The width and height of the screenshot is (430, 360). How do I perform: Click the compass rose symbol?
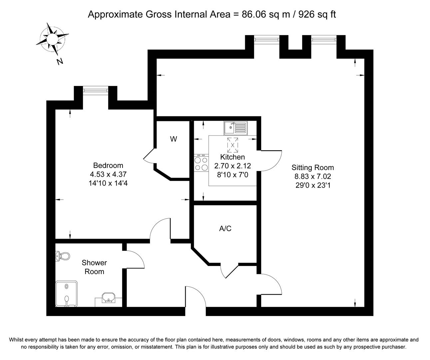pyautogui.click(x=52, y=39)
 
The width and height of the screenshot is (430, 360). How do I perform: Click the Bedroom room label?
pyautogui.click(x=108, y=165)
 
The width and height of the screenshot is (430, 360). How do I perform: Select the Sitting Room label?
pyautogui.click(x=312, y=168)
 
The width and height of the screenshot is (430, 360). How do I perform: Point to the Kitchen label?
pyautogui.click(x=232, y=157)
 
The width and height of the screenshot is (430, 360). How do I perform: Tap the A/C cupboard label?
pyautogui.click(x=225, y=228)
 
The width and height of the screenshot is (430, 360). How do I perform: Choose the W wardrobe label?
pyautogui.click(x=173, y=139)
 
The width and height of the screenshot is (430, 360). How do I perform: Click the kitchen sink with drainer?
pyautogui.click(x=235, y=128)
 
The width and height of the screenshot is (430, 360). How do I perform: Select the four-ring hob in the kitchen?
pyautogui.click(x=201, y=163)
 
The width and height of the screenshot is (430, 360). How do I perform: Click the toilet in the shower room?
pyautogui.click(x=63, y=256)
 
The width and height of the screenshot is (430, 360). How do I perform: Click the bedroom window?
pyautogui.click(x=95, y=90)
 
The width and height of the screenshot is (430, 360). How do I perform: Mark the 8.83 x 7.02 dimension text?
pyautogui.click(x=312, y=177)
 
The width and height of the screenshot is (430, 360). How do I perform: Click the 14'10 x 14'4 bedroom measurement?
pyautogui.click(x=108, y=183)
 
